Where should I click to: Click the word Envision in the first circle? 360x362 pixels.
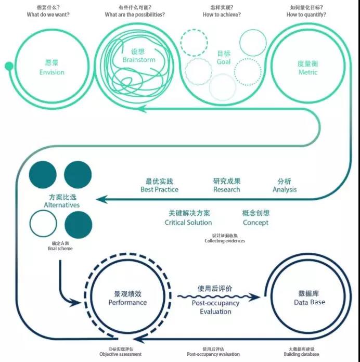(52, 72)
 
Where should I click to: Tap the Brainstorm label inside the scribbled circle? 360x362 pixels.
(139, 60)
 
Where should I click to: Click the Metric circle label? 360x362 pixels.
(307, 72)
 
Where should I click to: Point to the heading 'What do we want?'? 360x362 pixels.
(48, 15)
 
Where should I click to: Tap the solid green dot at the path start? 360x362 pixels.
(8, 66)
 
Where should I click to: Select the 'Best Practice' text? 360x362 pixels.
(159, 189)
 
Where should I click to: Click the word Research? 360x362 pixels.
(227, 189)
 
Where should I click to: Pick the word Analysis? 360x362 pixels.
(285, 189)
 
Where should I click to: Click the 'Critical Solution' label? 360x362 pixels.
(188, 222)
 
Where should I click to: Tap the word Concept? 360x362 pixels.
(256, 222)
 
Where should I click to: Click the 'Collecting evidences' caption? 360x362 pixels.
(225, 241)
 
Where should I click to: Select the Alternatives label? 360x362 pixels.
(62, 205)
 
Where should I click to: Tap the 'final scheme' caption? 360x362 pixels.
(60, 249)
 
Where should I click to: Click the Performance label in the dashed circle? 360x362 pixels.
(127, 302)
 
